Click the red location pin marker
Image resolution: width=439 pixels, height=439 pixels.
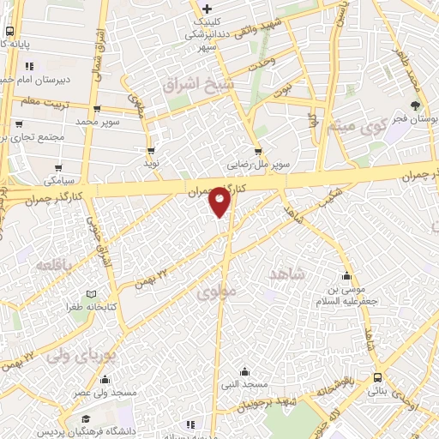[x=220, y=201]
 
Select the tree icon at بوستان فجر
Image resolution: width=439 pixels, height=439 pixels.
[x=417, y=106]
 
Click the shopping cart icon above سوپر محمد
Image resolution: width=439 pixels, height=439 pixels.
[x=95, y=109]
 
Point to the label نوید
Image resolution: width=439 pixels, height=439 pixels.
[x=152, y=161]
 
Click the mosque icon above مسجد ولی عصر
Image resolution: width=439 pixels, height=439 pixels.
[x=105, y=379]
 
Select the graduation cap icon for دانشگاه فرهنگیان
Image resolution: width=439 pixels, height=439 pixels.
[x=87, y=418]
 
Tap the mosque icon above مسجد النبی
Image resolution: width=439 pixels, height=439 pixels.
[x=245, y=371]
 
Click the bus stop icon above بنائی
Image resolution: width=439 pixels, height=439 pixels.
[x=378, y=378]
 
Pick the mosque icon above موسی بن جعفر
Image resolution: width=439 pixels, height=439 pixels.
[x=347, y=276]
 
